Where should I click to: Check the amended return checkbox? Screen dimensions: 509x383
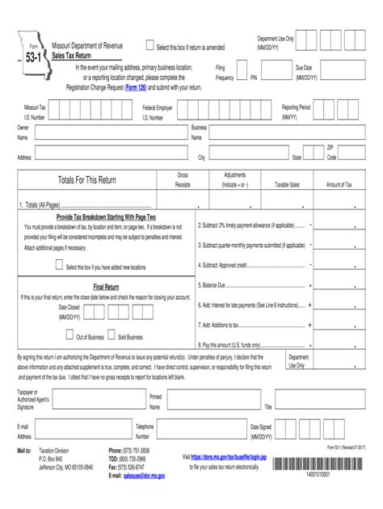coord(149,46)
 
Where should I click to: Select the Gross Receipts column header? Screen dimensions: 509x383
coord(183,179)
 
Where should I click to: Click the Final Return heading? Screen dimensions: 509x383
coord(107,286)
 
